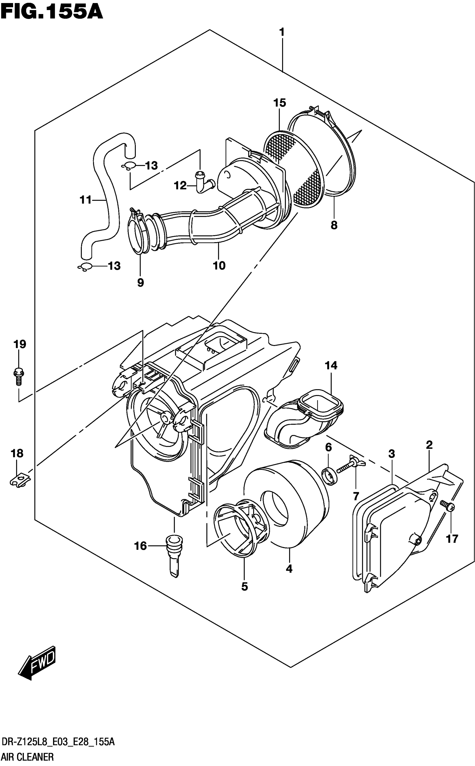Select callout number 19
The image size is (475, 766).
click(x=20, y=344)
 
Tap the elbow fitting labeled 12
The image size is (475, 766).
click(x=203, y=182)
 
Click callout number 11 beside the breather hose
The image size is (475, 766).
click(x=85, y=200)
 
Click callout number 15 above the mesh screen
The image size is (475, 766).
click(x=280, y=103)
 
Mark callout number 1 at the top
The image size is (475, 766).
click(x=282, y=32)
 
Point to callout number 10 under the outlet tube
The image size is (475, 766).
click(x=219, y=266)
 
